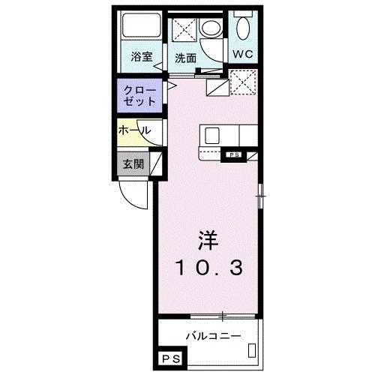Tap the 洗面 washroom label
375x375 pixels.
point(185,57)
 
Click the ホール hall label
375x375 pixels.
point(134,130)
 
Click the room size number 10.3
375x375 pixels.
point(208,267)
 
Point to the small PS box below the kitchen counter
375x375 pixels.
point(234,155)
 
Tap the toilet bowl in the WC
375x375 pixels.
point(241,28)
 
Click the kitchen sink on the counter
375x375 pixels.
point(212,136)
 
